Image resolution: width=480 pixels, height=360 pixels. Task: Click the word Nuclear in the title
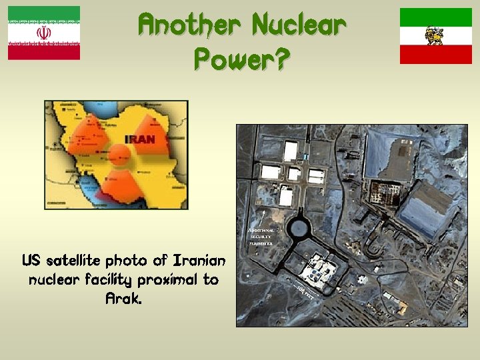point(299,26)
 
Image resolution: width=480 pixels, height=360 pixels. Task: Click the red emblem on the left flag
point(44,33)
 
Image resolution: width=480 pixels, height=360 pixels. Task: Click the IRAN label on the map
point(140,140)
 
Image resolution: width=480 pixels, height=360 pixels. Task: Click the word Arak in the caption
point(124,299)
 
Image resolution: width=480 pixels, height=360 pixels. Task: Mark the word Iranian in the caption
point(199,259)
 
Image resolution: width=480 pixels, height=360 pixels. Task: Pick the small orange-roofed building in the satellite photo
point(401,306)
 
